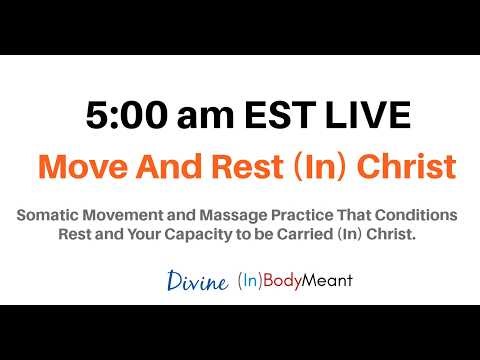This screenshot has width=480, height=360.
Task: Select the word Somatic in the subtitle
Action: click(x=47, y=216)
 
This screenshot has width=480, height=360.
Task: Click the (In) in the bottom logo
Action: click(x=249, y=282)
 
